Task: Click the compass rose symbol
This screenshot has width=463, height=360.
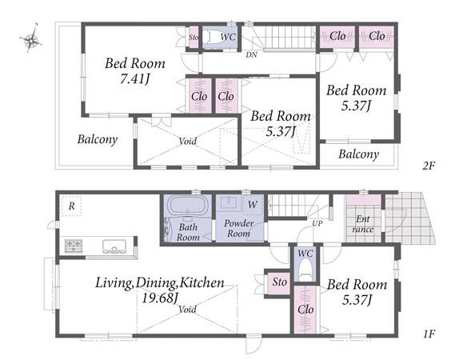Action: [30, 38]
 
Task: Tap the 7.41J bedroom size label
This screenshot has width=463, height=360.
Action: [135, 79]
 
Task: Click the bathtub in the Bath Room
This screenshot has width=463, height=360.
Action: [187, 204]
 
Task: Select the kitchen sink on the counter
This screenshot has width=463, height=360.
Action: [114, 246]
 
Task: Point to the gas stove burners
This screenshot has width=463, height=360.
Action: [74, 246]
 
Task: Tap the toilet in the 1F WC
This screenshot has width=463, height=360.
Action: [305, 270]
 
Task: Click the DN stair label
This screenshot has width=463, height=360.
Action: [251, 54]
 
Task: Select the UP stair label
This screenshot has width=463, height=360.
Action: [317, 223]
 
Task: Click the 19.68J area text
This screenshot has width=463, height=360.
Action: [159, 298]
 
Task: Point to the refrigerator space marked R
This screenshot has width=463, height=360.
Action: [71, 206]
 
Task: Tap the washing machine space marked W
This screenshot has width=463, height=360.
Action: [253, 204]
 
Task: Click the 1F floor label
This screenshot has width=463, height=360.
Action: [429, 334]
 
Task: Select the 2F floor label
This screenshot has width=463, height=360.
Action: [429, 166]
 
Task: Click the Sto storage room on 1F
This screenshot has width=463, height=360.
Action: [279, 283]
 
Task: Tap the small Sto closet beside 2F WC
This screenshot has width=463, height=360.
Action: [194, 38]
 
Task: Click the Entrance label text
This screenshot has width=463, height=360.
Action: [362, 224]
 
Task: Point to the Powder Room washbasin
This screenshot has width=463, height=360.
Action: [230, 202]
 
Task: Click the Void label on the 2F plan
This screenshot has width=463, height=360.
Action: [187, 141]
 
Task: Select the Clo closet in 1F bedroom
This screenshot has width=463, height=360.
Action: [305, 310]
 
